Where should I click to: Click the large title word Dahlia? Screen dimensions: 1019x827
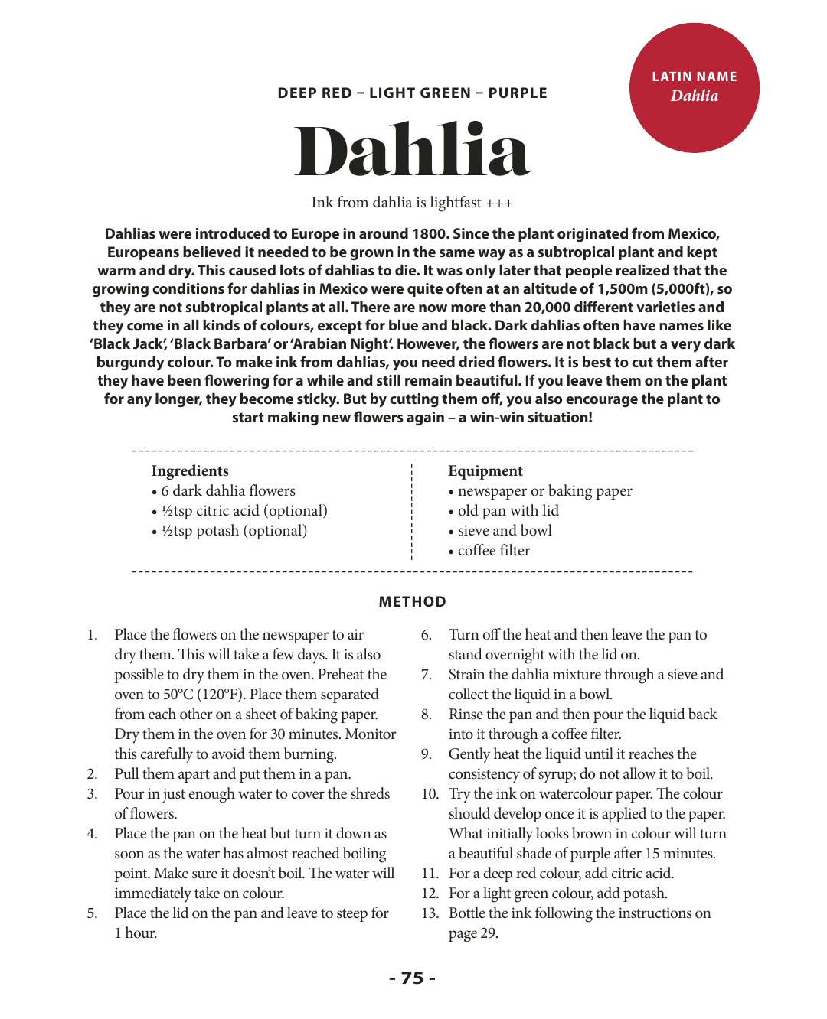click(x=412, y=150)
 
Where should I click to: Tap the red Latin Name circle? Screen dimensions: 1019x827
click(x=694, y=87)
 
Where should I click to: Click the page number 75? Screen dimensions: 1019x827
click(x=412, y=978)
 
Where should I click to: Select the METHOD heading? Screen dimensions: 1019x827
click(x=412, y=602)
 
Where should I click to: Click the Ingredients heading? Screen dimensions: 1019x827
click(x=190, y=471)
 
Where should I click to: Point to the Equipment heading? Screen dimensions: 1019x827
click(x=485, y=471)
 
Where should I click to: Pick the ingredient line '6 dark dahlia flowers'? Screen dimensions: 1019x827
click(x=227, y=491)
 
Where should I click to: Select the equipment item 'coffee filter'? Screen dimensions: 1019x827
click(x=493, y=551)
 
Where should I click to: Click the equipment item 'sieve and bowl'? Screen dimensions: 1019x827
click(x=504, y=531)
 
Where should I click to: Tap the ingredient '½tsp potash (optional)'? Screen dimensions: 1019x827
click(x=234, y=531)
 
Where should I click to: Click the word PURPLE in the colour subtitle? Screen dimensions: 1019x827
click(x=518, y=93)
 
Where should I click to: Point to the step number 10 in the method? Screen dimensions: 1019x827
click(x=430, y=794)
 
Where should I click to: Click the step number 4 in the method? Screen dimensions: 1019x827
click(x=92, y=834)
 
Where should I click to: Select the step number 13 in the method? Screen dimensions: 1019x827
click(x=430, y=913)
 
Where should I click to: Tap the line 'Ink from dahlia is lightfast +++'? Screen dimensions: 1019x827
click(x=412, y=203)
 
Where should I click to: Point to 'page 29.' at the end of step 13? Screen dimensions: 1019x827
click(x=473, y=933)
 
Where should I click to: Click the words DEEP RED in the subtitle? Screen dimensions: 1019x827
click(x=315, y=93)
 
